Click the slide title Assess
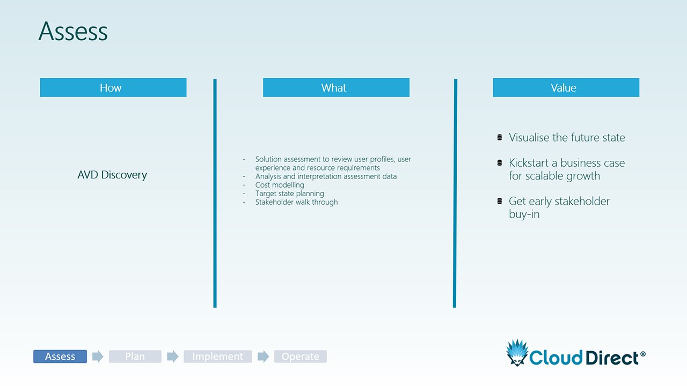point(73,31)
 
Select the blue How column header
point(113,87)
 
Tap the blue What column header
point(336,87)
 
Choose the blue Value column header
point(566,87)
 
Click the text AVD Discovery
point(112,175)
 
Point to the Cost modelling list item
point(280,185)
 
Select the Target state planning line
point(289,194)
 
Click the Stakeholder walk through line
point(297,202)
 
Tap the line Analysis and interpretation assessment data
point(326,176)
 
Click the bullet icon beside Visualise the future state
point(500,138)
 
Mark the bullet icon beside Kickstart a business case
point(500,162)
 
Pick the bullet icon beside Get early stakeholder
point(500,201)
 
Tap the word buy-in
point(524,214)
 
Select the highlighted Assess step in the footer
point(60,357)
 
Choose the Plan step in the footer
point(135,357)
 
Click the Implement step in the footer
point(218,357)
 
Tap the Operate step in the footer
point(301,357)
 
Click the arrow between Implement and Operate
point(263,357)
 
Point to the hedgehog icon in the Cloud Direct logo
point(517,353)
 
